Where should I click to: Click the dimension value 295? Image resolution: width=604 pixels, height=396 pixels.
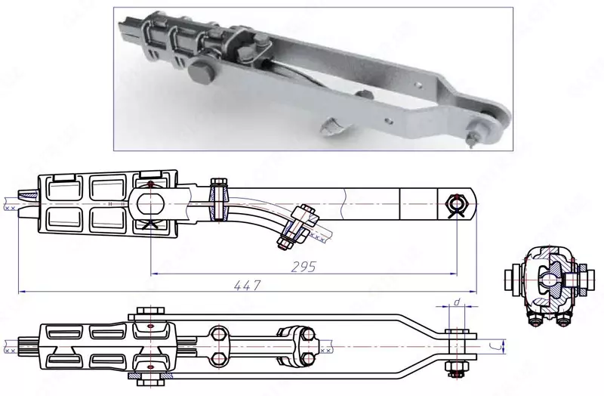[x=302, y=268]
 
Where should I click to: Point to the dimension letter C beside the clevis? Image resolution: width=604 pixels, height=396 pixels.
[x=491, y=347]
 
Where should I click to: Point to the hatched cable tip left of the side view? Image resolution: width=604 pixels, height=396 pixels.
[x=11, y=205]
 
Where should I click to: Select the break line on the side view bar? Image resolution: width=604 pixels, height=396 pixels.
[x=344, y=202]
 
